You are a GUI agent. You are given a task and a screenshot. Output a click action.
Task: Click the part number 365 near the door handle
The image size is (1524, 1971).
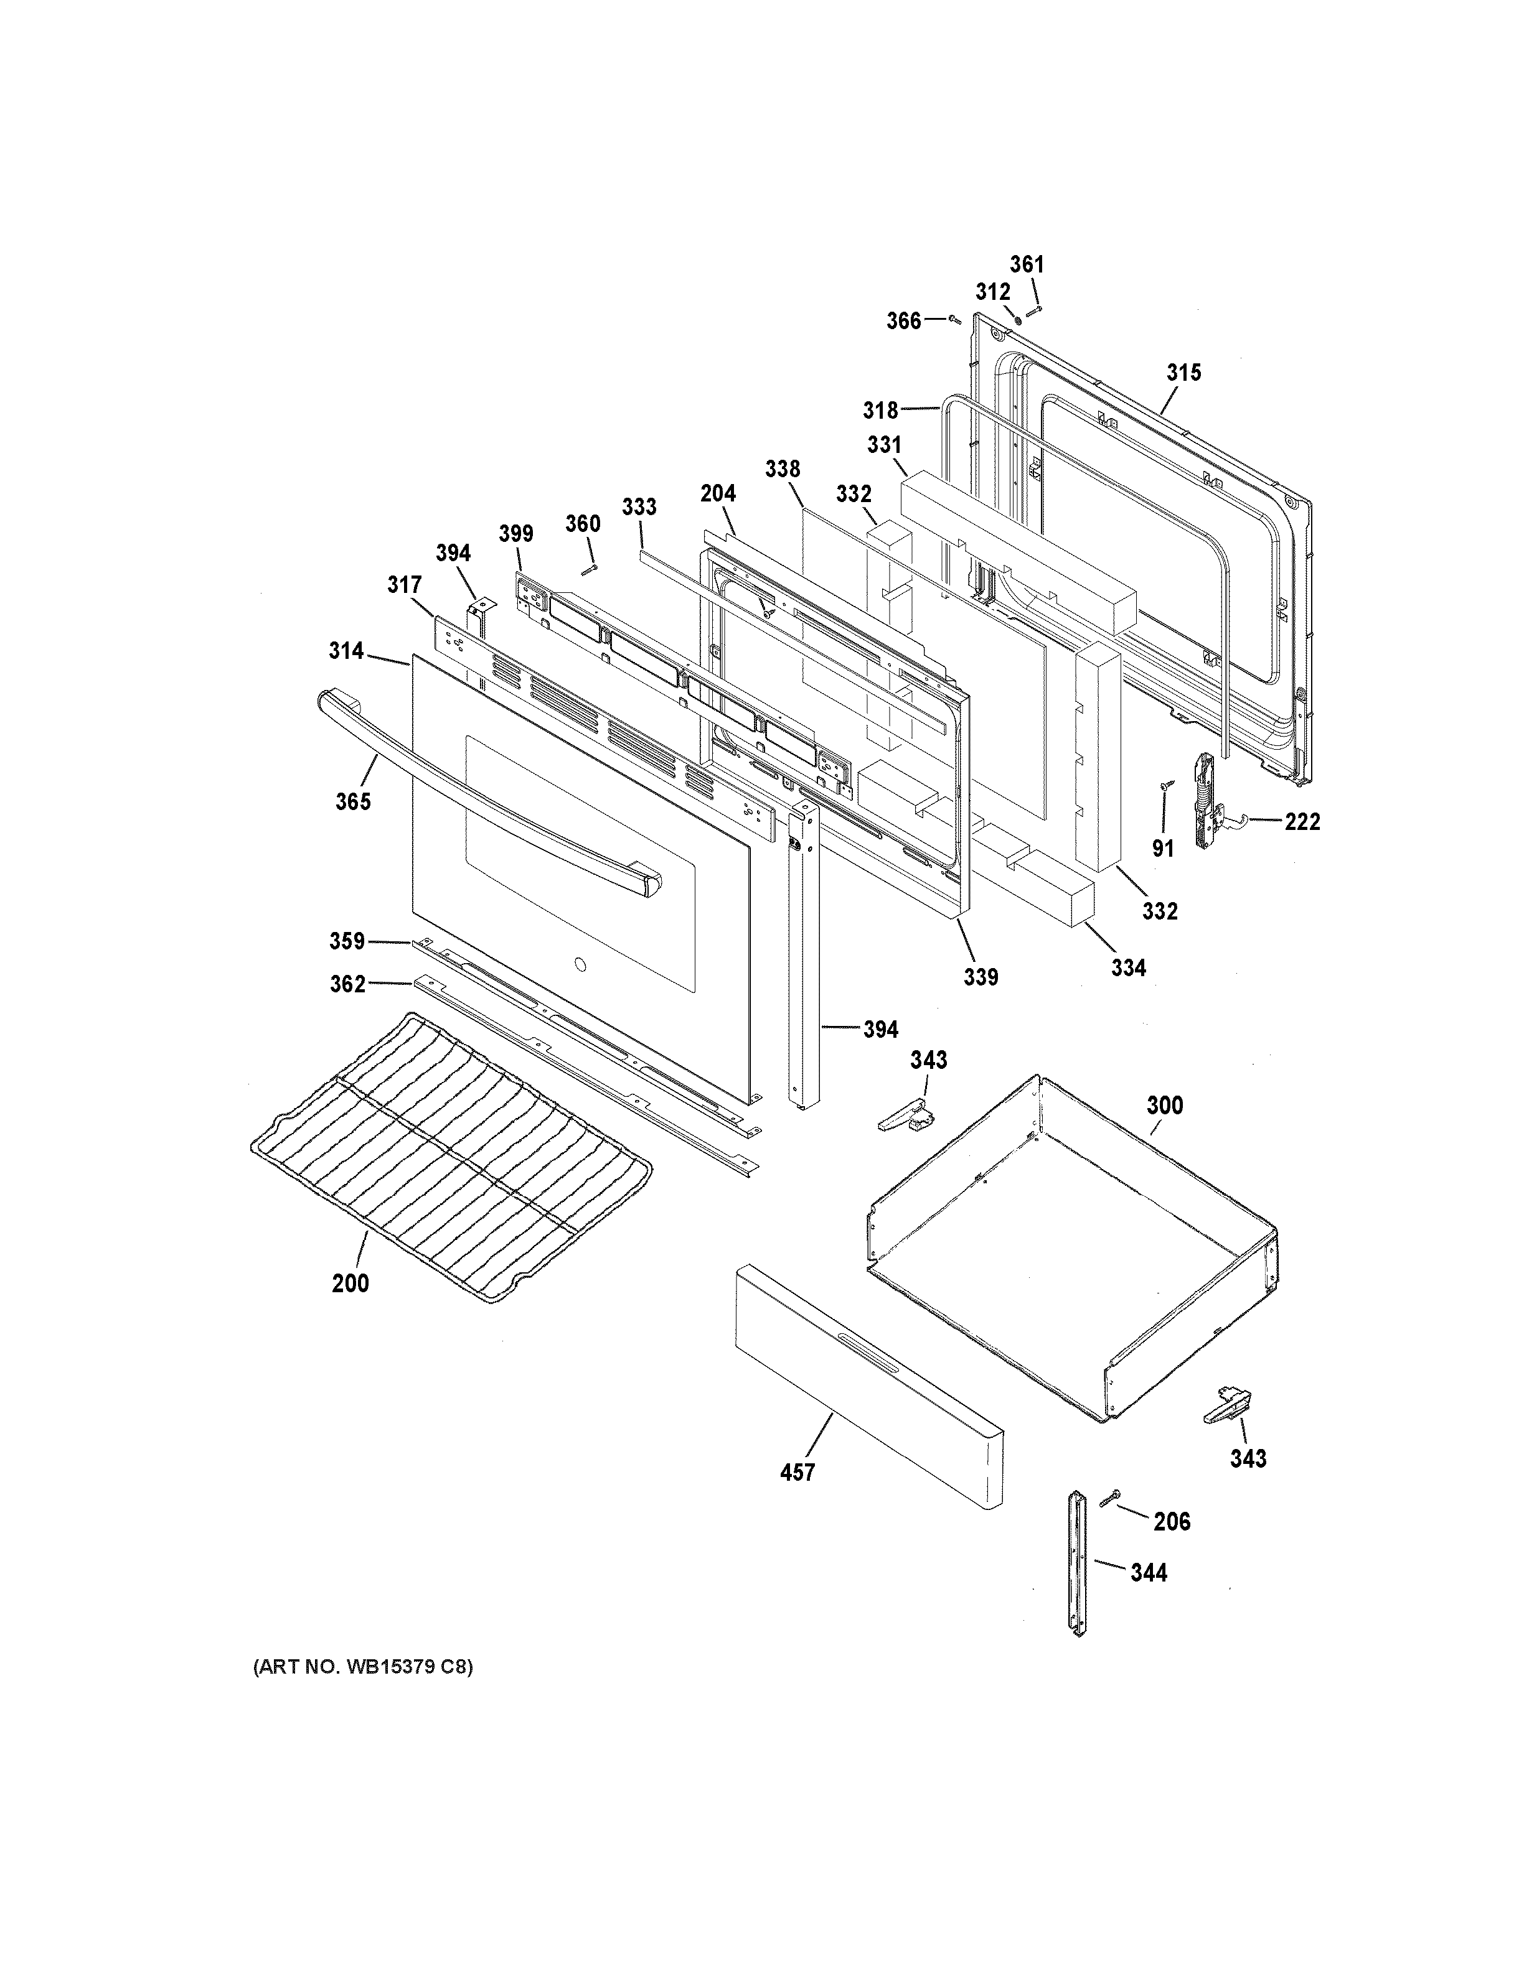pyautogui.click(x=353, y=801)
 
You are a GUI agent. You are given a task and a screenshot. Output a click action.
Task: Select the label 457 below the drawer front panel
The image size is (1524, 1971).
pyautogui.click(x=797, y=1472)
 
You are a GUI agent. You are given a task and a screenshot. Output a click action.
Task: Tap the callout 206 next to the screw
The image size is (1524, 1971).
pyautogui.click(x=1172, y=1522)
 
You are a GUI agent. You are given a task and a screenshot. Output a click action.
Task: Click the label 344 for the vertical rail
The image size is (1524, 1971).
pyautogui.click(x=1149, y=1573)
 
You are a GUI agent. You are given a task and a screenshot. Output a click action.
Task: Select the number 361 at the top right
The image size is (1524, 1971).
pyautogui.click(x=1027, y=264)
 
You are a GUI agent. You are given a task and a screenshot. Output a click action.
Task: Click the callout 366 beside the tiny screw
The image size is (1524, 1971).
pyautogui.click(x=903, y=320)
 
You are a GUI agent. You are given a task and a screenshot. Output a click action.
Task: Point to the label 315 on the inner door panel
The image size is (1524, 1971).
pyautogui.click(x=1183, y=372)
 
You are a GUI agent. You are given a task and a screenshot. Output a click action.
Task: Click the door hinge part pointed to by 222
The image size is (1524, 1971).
pyautogui.click(x=1205, y=801)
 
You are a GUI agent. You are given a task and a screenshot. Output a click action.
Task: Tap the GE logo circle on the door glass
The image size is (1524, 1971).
pyautogui.click(x=580, y=967)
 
